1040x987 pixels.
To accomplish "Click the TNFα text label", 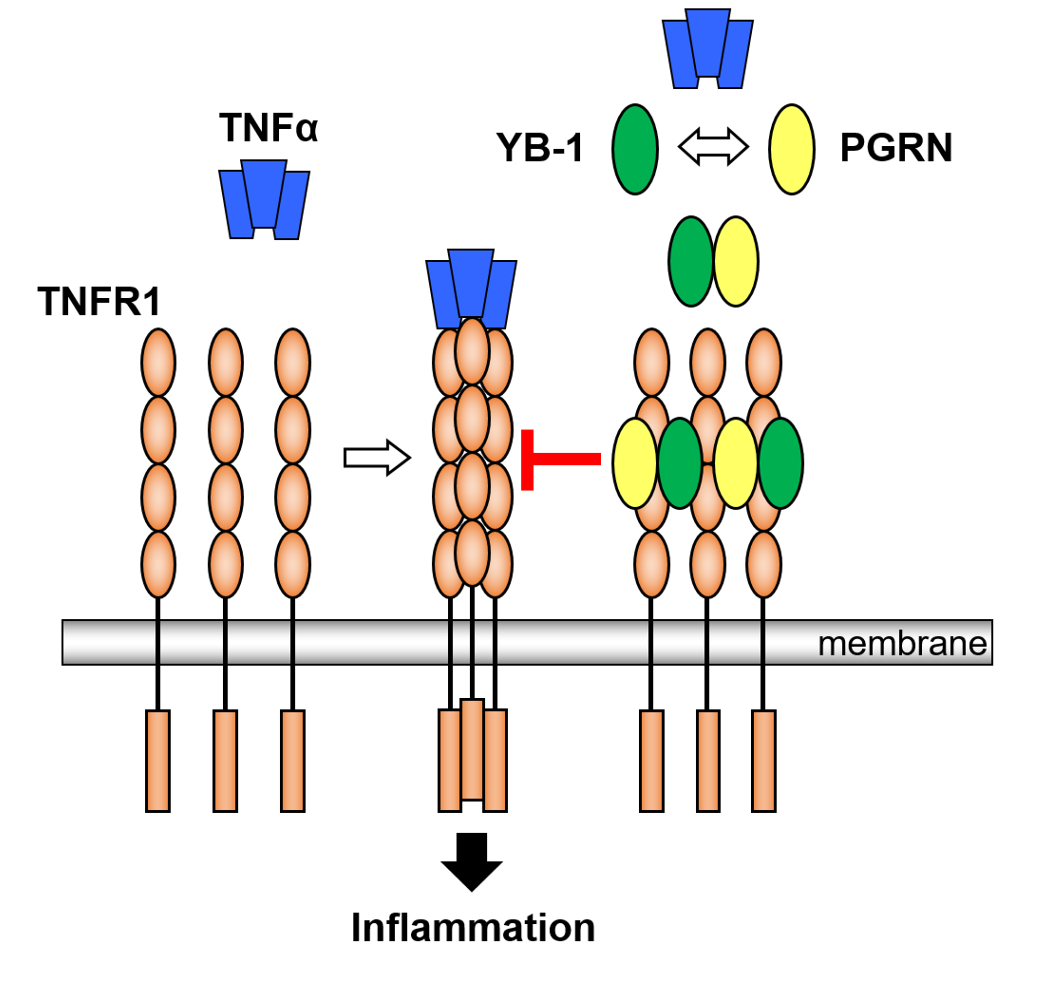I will pos(268,128).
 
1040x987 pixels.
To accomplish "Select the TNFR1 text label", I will pos(98,302).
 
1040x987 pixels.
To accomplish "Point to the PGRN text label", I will pos(895,148).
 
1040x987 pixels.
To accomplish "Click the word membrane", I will pos(902,644).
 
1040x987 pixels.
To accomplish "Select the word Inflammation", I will pos(472,928).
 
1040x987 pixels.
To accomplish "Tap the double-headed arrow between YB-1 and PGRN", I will pos(713,147).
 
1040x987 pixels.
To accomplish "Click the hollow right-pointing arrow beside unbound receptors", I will pos(376,458).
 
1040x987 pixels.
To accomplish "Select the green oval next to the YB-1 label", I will pos(634,150).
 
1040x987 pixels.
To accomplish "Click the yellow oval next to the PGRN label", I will pos(791,150).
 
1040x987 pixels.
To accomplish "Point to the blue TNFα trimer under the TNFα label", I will pos(264,200).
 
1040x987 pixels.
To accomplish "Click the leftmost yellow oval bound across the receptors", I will pos(634,463).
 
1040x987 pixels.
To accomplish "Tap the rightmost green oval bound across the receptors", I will pos(781,463).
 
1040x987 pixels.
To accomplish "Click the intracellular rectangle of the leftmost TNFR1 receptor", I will pos(158,761).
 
